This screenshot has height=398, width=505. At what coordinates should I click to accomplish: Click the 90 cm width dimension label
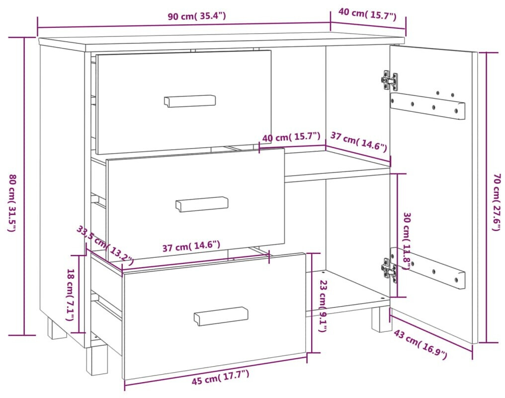(x=197, y=16)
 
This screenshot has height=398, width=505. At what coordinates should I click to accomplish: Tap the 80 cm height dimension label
(x=12, y=203)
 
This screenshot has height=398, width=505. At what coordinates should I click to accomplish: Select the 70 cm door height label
(x=497, y=202)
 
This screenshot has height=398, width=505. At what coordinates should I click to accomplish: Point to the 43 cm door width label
(x=421, y=344)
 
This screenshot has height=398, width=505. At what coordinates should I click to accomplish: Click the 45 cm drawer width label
(x=220, y=378)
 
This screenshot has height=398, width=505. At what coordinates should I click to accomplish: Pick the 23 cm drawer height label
(x=323, y=306)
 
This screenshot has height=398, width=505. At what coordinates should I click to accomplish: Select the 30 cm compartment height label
(x=407, y=240)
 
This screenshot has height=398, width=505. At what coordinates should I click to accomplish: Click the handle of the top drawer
(x=190, y=101)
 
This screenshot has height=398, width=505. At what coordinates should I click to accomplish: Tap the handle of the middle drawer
(x=202, y=204)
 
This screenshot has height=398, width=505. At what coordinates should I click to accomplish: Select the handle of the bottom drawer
(x=221, y=316)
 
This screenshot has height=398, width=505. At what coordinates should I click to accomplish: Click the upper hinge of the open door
(x=389, y=80)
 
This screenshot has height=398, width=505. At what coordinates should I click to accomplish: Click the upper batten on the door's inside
(x=427, y=106)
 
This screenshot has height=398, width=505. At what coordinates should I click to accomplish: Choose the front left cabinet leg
(x=96, y=360)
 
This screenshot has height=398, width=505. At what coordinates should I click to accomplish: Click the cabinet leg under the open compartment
(x=381, y=319)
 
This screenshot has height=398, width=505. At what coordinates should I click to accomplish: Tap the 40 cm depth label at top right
(x=367, y=14)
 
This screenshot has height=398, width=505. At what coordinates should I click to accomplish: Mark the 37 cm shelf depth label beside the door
(x=358, y=142)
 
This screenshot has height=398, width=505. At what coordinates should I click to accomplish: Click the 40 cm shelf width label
(x=291, y=137)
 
